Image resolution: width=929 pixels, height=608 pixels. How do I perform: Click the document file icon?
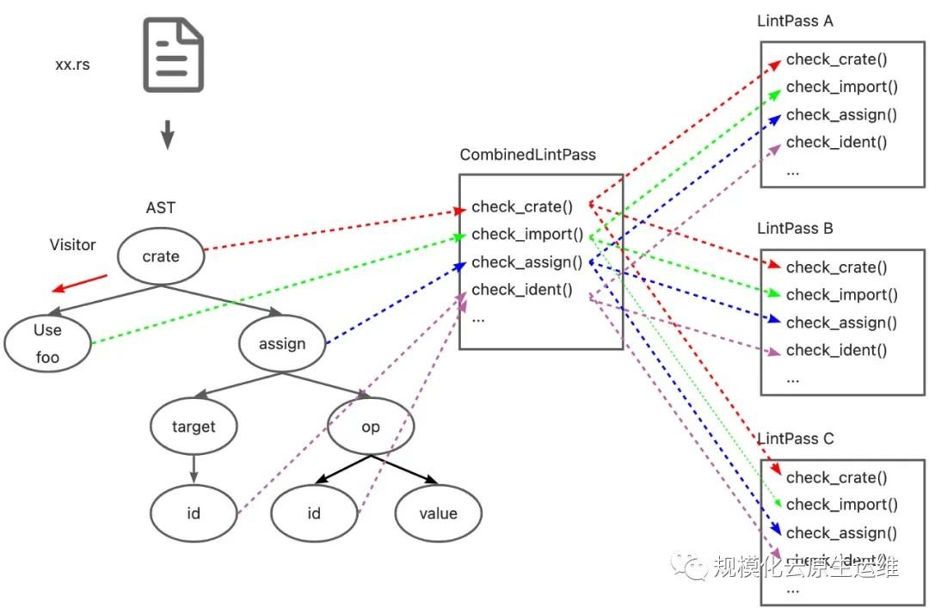pos(173,55)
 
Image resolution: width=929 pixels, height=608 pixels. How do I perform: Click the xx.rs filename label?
pos(72,64)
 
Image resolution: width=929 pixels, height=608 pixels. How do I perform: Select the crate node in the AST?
pos(161,256)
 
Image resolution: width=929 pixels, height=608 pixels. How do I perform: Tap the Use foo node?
pos(47,342)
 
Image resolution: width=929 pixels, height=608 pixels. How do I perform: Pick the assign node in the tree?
pos(282,344)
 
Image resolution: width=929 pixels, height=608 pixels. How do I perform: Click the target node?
pos(194,427)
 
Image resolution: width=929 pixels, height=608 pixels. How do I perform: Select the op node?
pos(370,427)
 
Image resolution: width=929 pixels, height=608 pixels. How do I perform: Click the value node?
pos(438,513)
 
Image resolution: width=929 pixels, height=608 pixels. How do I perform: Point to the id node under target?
pos(194,513)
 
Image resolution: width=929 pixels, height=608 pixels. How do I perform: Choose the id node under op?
pos(314,513)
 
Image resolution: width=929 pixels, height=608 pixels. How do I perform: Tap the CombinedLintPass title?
pos(527,156)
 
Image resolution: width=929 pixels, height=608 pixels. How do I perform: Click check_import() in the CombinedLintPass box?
pos(527,234)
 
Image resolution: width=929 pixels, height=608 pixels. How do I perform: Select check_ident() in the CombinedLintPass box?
pos(521,289)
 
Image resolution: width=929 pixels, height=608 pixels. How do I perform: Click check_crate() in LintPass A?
pos(836,59)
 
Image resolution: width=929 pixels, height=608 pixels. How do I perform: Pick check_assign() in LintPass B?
pos(841,322)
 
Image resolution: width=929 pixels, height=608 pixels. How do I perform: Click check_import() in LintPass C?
pos(841,505)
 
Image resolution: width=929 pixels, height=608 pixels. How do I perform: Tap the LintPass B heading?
pos(795,229)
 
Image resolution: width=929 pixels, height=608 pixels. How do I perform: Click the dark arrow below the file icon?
pos(168,135)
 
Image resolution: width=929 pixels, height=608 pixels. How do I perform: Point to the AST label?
pos(161,208)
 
